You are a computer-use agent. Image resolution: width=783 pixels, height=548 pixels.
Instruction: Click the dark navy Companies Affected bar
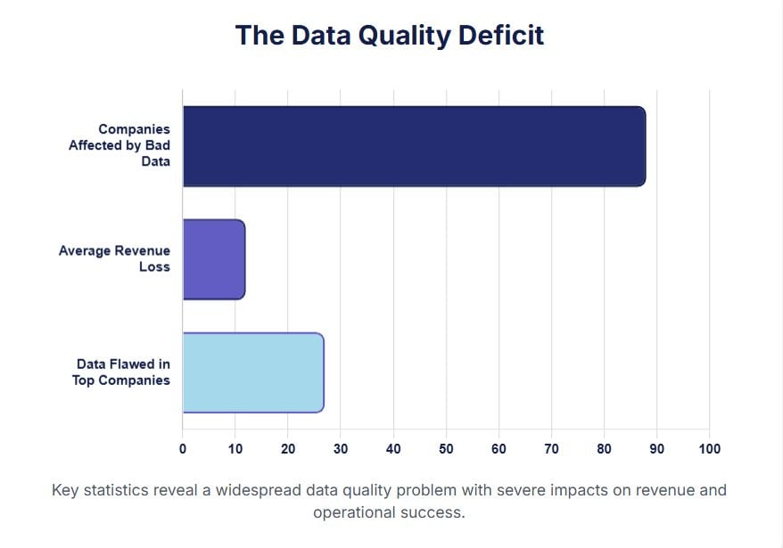415,146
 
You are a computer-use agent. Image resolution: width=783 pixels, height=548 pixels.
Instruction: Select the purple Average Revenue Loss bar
214,259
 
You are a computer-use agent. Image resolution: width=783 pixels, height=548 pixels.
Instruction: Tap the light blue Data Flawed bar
253,372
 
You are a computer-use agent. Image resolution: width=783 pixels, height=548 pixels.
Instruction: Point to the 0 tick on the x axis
183,449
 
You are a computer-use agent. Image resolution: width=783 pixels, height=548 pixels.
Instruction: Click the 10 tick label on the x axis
235,449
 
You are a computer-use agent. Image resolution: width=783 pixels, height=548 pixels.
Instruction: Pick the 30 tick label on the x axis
341,449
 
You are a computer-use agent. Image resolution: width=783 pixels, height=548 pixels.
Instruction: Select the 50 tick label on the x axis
446,449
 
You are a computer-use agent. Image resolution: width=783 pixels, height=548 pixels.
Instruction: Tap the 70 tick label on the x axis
551,449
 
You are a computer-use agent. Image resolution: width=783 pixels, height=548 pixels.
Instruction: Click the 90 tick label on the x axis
656,449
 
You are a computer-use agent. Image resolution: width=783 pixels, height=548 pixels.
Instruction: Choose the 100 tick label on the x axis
710,449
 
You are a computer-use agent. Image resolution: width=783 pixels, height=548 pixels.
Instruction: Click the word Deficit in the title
501,36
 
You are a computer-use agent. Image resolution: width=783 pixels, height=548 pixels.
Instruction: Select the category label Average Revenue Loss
114,258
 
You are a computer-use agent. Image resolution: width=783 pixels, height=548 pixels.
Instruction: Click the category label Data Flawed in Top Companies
121,372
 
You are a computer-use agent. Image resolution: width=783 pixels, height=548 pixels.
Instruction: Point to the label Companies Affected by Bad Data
120,145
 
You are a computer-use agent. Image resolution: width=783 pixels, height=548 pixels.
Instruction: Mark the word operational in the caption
355,513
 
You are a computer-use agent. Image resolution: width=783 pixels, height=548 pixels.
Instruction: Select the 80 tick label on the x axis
605,449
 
